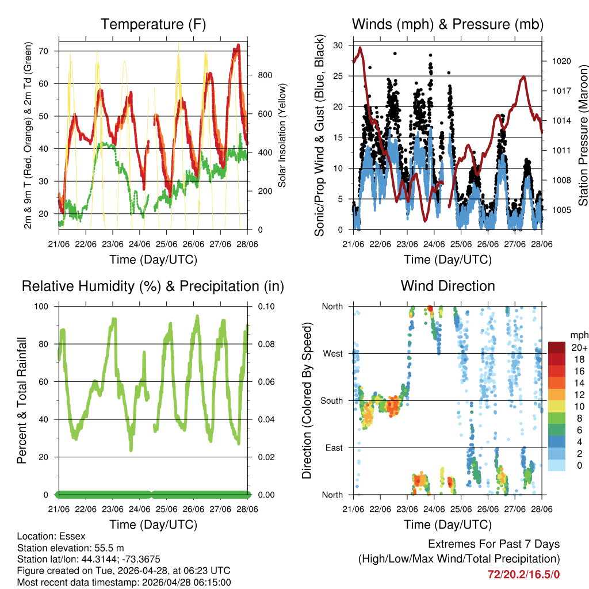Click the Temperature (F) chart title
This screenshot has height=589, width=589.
pos(153,24)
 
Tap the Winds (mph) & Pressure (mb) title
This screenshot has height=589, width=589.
pos(448,24)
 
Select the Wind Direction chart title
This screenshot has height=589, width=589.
pos(448,285)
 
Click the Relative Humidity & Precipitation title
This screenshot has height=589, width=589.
pos(153,285)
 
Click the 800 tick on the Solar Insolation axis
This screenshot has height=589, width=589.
pos(265,75)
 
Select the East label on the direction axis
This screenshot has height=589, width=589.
pos(333,448)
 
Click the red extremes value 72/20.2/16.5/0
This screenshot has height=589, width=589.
pos(523,574)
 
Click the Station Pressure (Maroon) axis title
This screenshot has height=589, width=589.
pos(583,135)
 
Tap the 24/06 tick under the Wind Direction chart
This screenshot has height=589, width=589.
pos(434,509)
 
